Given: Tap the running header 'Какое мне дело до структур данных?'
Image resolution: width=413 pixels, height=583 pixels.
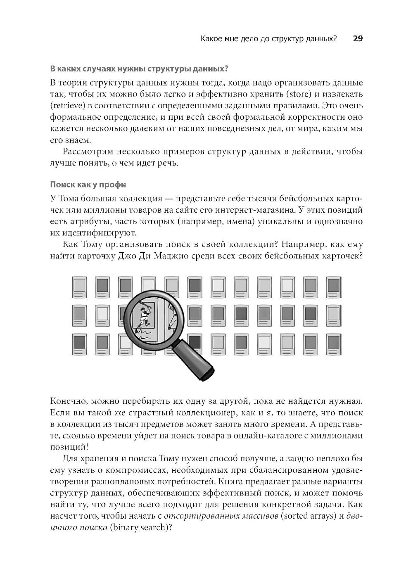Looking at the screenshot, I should click(268, 39).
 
